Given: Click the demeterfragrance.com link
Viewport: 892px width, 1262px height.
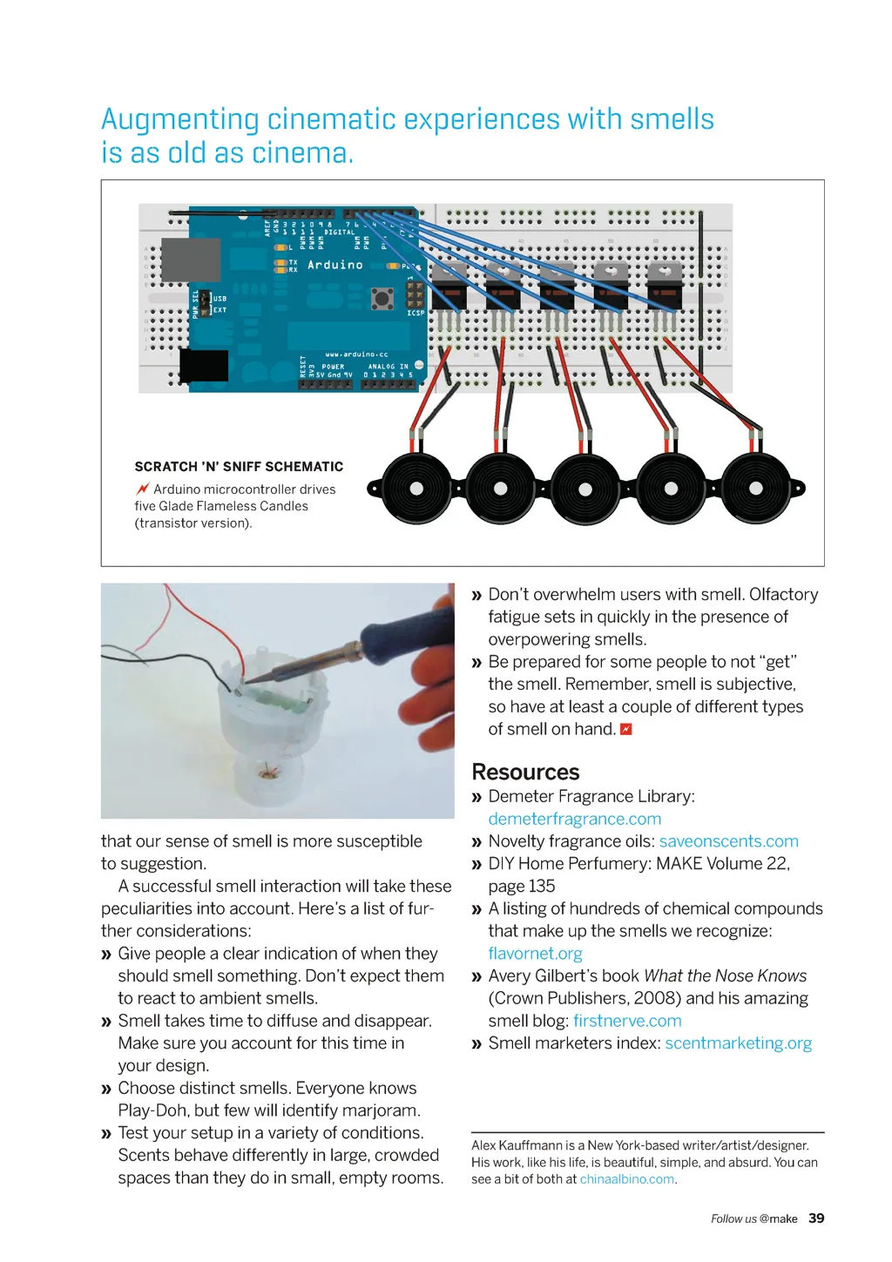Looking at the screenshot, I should point(574,819).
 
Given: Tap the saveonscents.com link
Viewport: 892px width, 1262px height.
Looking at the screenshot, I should point(728,841).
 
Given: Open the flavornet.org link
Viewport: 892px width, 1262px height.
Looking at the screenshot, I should point(535,954).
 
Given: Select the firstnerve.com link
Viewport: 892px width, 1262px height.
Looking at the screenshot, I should point(627,1021).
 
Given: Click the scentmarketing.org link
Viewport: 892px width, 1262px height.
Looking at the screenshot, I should point(738,1043).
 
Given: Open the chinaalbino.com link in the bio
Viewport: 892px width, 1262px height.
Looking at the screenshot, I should point(626,1179).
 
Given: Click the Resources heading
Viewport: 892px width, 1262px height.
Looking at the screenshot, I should point(525,773).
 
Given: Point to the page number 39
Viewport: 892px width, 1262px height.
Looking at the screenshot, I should point(816,1218).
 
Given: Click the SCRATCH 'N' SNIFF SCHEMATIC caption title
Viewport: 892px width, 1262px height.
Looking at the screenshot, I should point(239,467).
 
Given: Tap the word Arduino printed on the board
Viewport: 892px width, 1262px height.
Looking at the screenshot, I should point(335,265).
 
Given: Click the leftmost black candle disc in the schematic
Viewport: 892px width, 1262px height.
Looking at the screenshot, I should point(416,489).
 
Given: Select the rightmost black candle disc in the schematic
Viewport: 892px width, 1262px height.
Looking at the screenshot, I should point(756,489).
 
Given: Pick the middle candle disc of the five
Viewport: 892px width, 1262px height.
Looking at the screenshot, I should point(585,489).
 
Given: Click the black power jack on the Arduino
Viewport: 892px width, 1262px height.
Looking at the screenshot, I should point(204,365).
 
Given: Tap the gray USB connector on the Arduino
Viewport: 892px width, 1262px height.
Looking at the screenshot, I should point(191,260).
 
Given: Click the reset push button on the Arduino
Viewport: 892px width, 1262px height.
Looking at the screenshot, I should point(382,299).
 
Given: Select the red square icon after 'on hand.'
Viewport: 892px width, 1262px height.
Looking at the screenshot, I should point(625,729).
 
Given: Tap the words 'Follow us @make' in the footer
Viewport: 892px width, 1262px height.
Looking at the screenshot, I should point(753,1219).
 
